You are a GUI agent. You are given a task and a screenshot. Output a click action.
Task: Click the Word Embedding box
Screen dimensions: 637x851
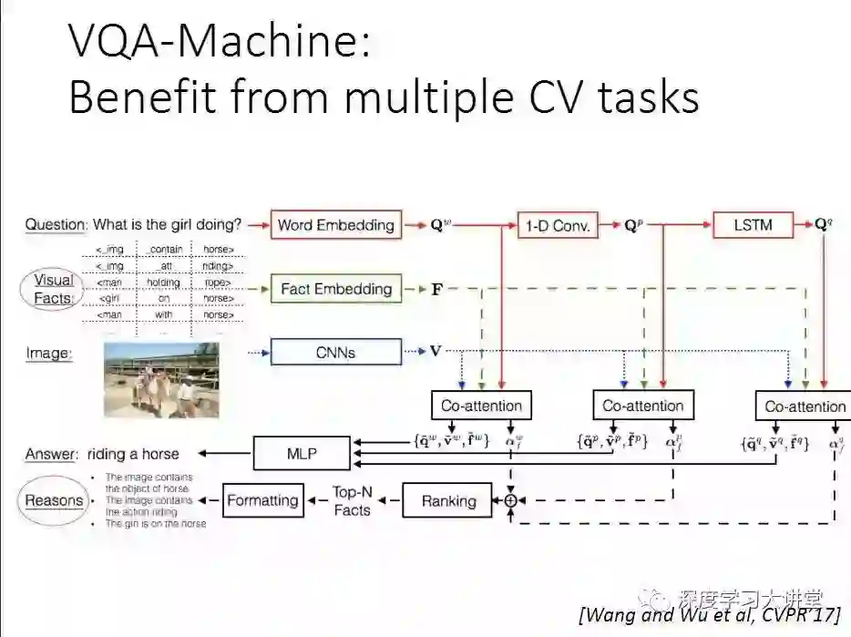coord(335,224)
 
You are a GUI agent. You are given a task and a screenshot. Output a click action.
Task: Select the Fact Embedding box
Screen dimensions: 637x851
coord(335,289)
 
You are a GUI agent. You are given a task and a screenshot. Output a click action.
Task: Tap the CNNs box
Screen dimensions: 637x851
coord(335,352)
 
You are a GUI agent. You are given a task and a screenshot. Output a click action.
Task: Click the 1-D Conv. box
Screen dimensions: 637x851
coord(559,224)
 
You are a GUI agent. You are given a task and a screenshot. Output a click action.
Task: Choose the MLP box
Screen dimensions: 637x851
coord(301,453)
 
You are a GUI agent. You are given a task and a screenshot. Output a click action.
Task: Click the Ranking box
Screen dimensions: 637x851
coord(448,500)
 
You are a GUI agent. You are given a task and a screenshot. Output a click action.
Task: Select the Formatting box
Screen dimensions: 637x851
coord(262,500)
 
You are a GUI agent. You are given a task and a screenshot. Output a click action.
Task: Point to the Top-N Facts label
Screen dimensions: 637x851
coord(351,500)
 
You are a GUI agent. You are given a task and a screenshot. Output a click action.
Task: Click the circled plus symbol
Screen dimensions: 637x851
coord(510,500)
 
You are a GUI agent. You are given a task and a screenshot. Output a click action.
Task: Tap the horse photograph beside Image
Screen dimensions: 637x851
coord(161,379)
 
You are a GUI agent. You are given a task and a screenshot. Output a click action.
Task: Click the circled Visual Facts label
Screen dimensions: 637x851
coord(53,289)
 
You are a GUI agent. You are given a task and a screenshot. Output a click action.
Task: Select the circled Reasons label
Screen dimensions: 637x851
coord(53,500)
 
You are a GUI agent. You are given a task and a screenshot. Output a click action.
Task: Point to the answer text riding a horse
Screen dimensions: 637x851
coord(133,453)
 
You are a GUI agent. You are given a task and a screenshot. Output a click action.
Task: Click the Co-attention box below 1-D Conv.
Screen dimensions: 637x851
coord(642,406)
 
